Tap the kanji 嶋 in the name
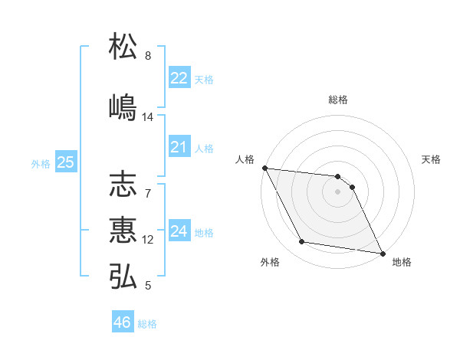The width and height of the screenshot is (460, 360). pyautogui.click(x=123, y=106)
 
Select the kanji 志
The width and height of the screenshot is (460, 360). pyautogui.click(x=123, y=185)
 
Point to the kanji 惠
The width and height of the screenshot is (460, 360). pyautogui.click(x=123, y=229)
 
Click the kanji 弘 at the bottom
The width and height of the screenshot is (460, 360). pyautogui.click(x=123, y=275)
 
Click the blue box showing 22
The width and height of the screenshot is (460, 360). pyautogui.click(x=179, y=77)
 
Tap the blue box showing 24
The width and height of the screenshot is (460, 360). pyautogui.click(x=179, y=231)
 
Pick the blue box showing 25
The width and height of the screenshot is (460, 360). pyautogui.click(x=65, y=162)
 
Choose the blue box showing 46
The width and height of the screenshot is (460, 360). pyautogui.click(x=122, y=322)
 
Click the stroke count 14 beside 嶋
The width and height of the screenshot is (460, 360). pyautogui.click(x=148, y=117)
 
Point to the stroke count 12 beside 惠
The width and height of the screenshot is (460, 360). pyautogui.click(x=148, y=240)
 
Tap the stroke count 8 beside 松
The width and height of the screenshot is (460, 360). pyautogui.click(x=148, y=56)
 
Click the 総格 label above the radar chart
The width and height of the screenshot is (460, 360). pyautogui.click(x=338, y=100)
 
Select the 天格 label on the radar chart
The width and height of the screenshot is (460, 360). pyautogui.click(x=431, y=159)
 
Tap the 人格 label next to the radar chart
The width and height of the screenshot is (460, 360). pyautogui.click(x=245, y=159)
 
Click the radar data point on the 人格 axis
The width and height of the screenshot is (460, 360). pyautogui.click(x=264, y=168)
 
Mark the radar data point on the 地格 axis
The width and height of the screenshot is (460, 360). pyautogui.click(x=382, y=253)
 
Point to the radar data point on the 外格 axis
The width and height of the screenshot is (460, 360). pyautogui.click(x=302, y=242)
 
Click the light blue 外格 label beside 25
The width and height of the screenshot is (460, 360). pyautogui.click(x=41, y=163)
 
